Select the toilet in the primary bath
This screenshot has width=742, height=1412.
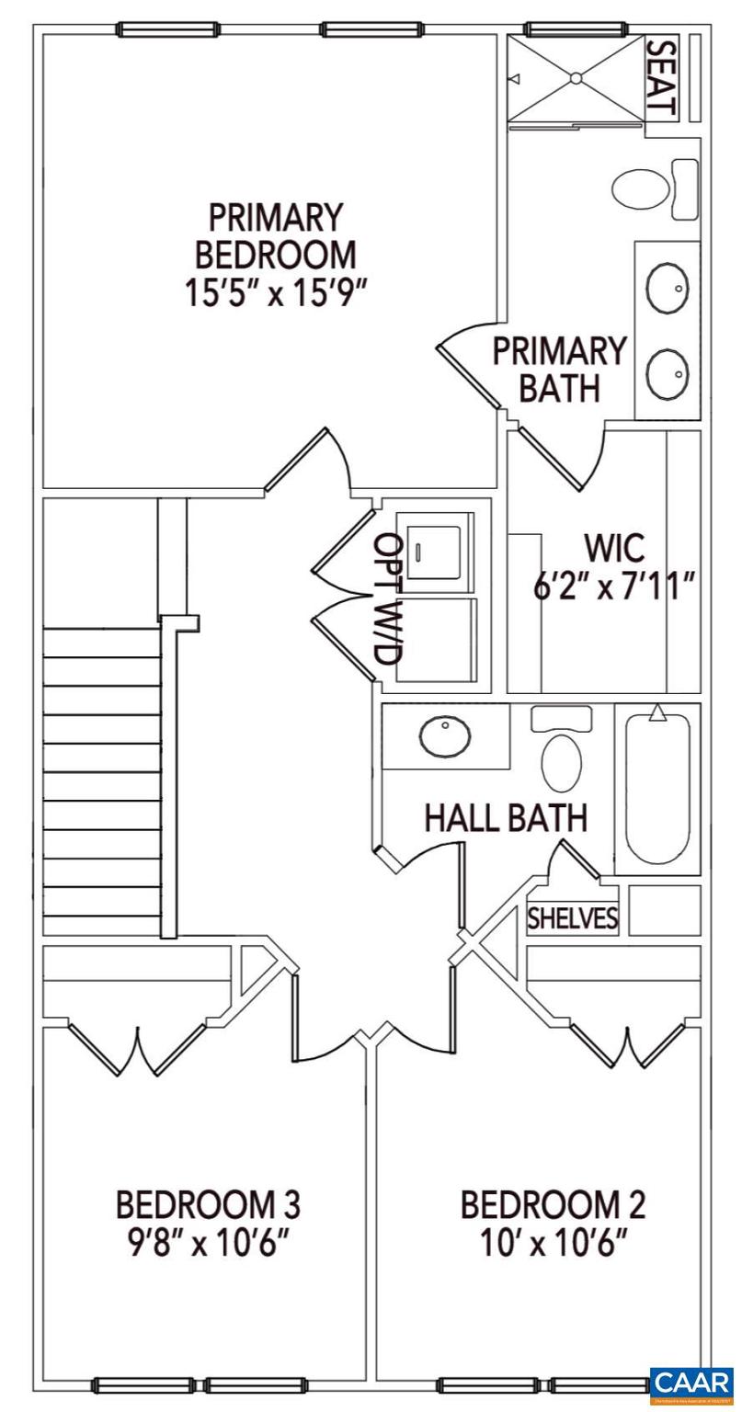(642, 190)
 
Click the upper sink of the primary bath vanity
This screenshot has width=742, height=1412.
(668, 288)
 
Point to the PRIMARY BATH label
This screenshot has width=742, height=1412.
(559, 369)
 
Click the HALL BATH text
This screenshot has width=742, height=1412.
(505, 817)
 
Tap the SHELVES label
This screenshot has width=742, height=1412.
(572, 918)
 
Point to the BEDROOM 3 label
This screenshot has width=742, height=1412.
(208, 1203)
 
